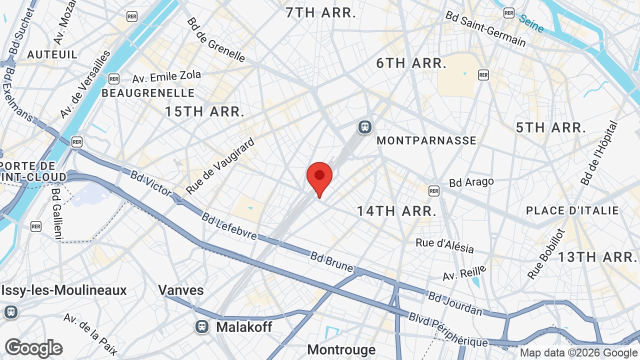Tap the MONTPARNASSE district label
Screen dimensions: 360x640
[x=426, y=140]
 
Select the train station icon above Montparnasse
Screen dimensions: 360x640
[x=365, y=127]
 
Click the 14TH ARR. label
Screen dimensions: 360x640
[x=396, y=211]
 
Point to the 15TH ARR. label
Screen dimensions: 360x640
[x=205, y=111]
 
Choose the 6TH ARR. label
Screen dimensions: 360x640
[x=411, y=63]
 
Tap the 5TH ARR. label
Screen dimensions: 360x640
[x=551, y=127]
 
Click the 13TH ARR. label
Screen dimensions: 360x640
[x=596, y=257]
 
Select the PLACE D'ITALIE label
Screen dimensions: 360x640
[x=572, y=210]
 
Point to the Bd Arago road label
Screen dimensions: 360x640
[x=471, y=182]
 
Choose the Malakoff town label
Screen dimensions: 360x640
[x=244, y=327]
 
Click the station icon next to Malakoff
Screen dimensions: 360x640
[x=202, y=326]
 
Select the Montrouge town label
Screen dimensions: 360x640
[x=341, y=349]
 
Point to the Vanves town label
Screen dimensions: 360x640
[x=181, y=290]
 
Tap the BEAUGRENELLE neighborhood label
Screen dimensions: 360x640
[x=148, y=93]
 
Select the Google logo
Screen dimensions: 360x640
[x=34, y=348]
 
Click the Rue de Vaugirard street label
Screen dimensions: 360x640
[x=220, y=166]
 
